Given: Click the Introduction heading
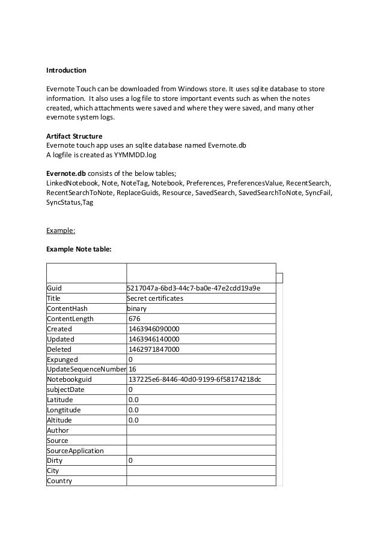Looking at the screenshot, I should tap(66, 70).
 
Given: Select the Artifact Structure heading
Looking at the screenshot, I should tap(75, 136).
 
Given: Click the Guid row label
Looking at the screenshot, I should tap(54, 288).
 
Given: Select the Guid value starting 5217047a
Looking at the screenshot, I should tap(193, 288).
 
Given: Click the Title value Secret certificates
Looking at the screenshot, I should tap(155, 298).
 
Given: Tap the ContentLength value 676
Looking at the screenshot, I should tap(135, 319).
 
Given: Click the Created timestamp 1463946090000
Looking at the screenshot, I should tap(154, 329).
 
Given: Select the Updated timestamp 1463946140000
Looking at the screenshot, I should tap(154, 339).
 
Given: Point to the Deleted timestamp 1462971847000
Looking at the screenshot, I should tap(154, 349).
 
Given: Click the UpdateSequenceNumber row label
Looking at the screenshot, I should tap(86, 369).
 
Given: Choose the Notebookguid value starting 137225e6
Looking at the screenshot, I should tap(195, 379).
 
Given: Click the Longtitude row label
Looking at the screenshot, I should tap(63, 410).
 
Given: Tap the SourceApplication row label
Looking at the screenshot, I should tap(75, 451).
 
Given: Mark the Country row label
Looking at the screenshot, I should tap(59, 481).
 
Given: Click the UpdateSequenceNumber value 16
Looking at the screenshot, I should tap(132, 369).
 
